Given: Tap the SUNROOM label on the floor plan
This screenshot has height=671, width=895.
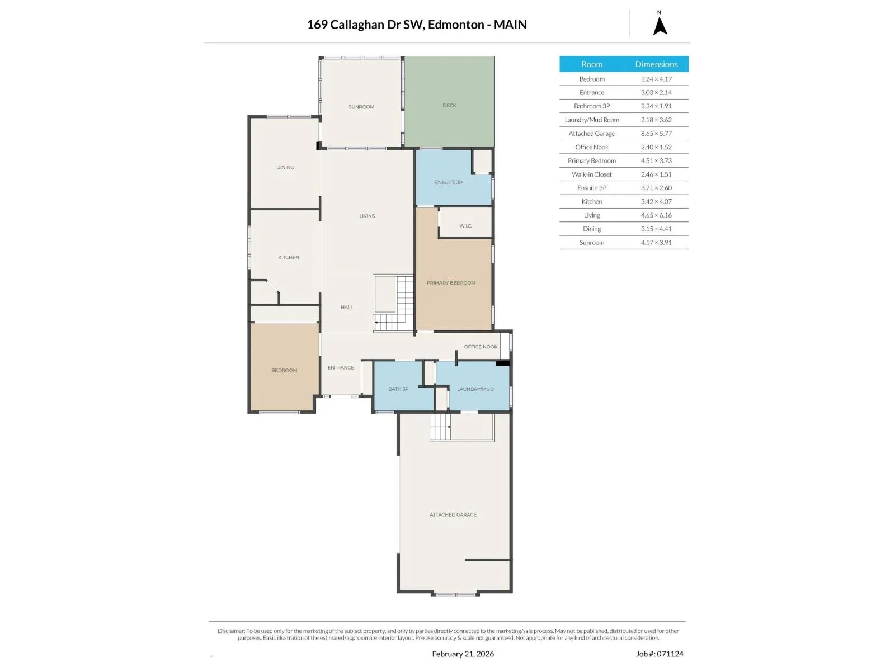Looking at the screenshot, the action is [x=361, y=107].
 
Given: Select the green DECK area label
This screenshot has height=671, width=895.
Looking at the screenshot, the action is [x=449, y=106].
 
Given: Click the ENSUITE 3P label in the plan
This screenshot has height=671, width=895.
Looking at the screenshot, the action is [x=449, y=182].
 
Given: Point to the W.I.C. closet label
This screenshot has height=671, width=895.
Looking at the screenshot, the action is [x=465, y=226].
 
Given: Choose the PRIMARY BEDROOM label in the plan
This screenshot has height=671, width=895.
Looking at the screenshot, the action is [x=451, y=283].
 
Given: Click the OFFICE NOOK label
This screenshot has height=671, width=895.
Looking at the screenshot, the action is [x=481, y=347].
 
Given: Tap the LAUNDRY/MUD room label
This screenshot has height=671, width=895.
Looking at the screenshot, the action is [x=475, y=389].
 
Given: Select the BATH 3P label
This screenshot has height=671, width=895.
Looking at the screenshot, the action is [x=398, y=389].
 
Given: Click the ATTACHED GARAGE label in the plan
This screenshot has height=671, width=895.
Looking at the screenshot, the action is [x=453, y=514].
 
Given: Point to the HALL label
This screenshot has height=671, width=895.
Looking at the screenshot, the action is [x=347, y=307].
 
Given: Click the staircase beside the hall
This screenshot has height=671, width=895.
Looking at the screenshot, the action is [x=393, y=304].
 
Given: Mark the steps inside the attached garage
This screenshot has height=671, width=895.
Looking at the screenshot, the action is [x=440, y=427].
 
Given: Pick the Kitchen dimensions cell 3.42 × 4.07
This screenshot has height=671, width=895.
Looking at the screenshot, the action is [x=656, y=202].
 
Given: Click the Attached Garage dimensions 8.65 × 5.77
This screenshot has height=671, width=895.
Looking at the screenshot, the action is [x=656, y=134].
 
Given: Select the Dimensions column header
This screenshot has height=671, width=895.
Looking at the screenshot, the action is [x=656, y=64].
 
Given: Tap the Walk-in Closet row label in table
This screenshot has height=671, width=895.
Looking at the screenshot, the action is [x=592, y=174].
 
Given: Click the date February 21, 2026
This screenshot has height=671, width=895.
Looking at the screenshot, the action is [x=463, y=654].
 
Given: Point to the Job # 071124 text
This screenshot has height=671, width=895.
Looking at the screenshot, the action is [x=660, y=654].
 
